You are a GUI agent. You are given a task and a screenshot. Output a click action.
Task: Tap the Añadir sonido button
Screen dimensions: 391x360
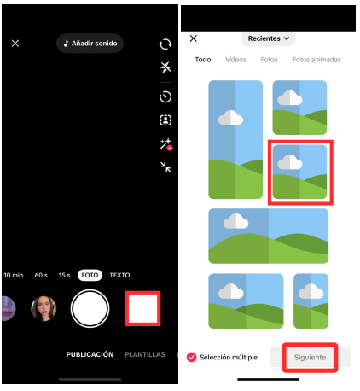click(x=90, y=43)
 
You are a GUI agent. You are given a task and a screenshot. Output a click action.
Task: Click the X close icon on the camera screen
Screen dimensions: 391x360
click(x=15, y=43)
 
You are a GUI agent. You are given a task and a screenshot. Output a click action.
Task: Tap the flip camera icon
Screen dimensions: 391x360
click(x=165, y=44)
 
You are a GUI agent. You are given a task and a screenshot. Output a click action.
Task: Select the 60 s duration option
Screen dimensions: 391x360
click(x=40, y=275)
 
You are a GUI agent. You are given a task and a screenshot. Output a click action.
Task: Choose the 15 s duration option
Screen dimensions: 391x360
click(x=64, y=275)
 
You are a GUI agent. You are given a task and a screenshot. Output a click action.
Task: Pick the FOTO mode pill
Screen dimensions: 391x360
click(x=90, y=275)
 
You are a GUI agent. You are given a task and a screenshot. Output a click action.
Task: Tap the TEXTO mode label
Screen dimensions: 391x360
click(x=119, y=275)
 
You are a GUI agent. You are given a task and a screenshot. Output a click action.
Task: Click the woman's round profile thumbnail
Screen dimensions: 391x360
click(x=44, y=308)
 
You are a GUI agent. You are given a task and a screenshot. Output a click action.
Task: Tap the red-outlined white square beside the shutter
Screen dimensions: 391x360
click(x=142, y=308)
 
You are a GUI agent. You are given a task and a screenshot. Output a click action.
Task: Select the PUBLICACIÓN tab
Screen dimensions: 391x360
click(x=90, y=354)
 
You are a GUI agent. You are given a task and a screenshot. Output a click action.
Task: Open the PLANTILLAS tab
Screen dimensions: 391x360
click(x=145, y=354)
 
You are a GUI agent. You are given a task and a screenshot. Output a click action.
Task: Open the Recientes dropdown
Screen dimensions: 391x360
click(x=269, y=38)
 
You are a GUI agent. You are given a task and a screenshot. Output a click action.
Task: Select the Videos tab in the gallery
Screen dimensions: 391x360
click(x=235, y=60)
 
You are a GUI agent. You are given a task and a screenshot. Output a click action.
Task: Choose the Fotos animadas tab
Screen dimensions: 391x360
click(x=316, y=60)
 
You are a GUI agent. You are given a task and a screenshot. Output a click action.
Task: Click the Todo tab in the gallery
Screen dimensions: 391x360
click(x=203, y=60)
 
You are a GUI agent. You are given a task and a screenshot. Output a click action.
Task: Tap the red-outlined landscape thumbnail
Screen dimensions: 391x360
click(x=299, y=172)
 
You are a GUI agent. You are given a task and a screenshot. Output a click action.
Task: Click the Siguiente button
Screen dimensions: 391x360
click(x=310, y=357)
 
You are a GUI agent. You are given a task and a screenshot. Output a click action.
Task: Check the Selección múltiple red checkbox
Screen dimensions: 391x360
click(x=191, y=357)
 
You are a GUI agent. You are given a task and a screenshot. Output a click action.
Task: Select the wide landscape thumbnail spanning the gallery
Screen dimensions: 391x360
click(x=268, y=236)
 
